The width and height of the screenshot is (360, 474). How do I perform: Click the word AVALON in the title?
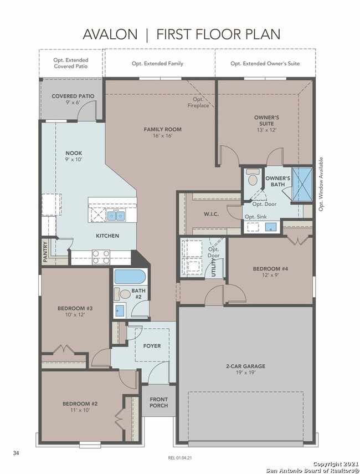(x=110, y=34)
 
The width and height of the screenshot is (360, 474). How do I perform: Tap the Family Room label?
(x=162, y=129)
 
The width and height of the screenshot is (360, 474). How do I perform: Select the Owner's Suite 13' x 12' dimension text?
(x=266, y=130)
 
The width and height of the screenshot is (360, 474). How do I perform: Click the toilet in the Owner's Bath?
(x=253, y=177)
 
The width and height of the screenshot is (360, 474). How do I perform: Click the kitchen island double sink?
(x=116, y=216)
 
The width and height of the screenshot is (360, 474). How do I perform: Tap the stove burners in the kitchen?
(x=101, y=257)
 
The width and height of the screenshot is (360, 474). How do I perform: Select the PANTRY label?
(x=45, y=251)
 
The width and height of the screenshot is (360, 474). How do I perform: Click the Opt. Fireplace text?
(x=198, y=103)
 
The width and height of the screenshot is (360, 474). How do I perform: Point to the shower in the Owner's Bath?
(x=302, y=185)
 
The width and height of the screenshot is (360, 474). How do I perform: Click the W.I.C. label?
(x=211, y=214)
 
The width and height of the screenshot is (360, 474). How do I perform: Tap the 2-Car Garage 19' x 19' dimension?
(x=245, y=373)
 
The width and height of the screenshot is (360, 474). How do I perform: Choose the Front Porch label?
(x=158, y=402)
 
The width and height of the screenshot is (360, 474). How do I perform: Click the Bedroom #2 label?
(x=80, y=404)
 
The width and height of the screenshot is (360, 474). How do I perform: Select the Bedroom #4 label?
(x=270, y=268)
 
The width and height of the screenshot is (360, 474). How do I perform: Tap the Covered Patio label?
(x=73, y=96)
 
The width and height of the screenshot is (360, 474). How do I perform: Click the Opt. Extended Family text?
(x=157, y=64)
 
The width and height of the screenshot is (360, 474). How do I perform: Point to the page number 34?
(x=16, y=453)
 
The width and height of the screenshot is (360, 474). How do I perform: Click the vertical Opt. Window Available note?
(x=321, y=184)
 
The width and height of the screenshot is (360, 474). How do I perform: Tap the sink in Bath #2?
(x=120, y=310)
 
